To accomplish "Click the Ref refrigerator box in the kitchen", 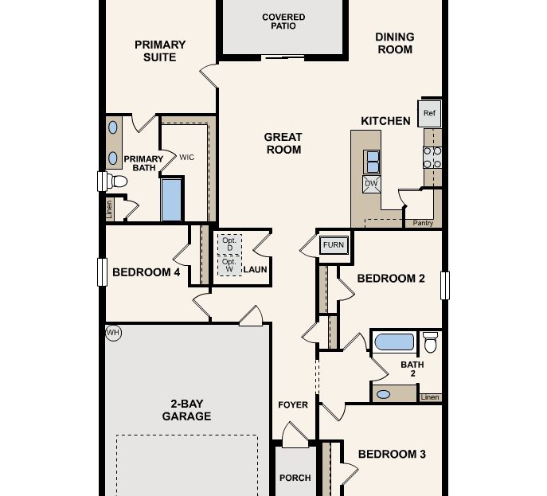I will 430,113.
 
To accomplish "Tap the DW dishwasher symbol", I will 371,184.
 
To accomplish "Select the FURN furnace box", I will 334,245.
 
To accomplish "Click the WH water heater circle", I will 113,333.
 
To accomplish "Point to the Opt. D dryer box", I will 229,244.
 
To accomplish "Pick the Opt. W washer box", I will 229,266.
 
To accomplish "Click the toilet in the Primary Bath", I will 116,182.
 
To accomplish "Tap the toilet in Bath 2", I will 430,342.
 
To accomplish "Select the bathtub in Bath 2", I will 394,342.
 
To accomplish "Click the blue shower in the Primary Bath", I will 172,200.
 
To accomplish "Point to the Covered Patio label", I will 283,21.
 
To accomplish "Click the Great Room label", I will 283,143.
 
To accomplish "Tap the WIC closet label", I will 186,158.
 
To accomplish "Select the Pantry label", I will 423,223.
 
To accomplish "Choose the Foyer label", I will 293,405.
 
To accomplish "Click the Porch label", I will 295,478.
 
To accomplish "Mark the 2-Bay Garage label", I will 187,409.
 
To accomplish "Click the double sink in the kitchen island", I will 372,162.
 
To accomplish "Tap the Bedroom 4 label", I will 146,272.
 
